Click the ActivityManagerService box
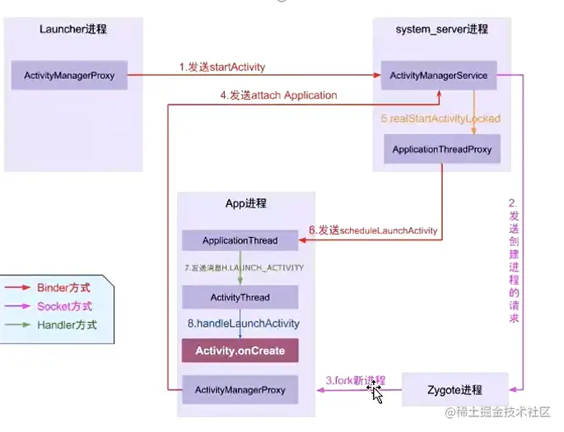pyautogui.click(x=440, y=76)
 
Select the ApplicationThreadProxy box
pyautogui.click(x=441, y=149)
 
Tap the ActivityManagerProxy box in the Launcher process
pyautogui.click(x=69, y=76)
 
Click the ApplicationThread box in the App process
pyautogui.click(x=240, y=241)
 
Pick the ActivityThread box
pyautogui.click(x=240, y=297)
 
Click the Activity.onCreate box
pyautogui.click(x=240, y=351)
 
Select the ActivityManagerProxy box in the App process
pyautogui.click(x=240, y=389)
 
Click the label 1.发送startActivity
pyautogui.click(x=221, y=67)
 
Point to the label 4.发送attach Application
pyautogui.click(x=278, y=95)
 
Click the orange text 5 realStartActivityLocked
pyautogui.click(x=440, y=118)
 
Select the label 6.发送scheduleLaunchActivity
pyautogui.click(x=373, y=230)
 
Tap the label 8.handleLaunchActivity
pyautogui.click(x=243, y=323)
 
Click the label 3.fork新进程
pyautogui.click(x=355, y=381)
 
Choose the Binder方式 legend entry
pyautogui.click(x=63, y=288)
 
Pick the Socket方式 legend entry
pyautogui.click(x=64, y=306)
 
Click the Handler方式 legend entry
pyautogui.click(x=66, y=325)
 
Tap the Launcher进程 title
pyautogui.click(x=72, y=30)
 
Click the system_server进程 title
pyautogui.click(x=441, y=30)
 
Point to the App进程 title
pyautogui.click(x=245, y=203)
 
